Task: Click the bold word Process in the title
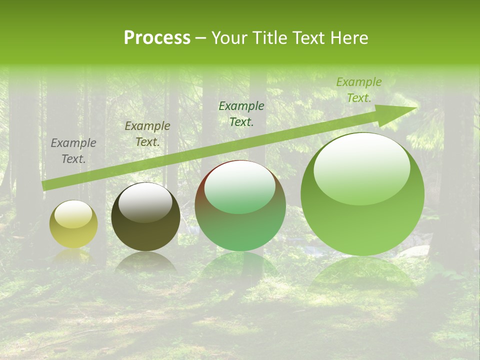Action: click(157, 38)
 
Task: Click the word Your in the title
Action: click(230, 38)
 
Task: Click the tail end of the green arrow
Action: click(44, 185)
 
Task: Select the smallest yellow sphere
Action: click(73, 224)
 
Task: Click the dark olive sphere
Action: click(145, 216)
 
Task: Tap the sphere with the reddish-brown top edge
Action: click(240, 205)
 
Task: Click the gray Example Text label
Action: click(73, 151)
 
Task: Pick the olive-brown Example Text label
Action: click(147, 134)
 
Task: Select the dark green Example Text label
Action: click(241, 113)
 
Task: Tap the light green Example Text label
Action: click(358, 90)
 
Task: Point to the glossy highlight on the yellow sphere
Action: click(73, 214)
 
